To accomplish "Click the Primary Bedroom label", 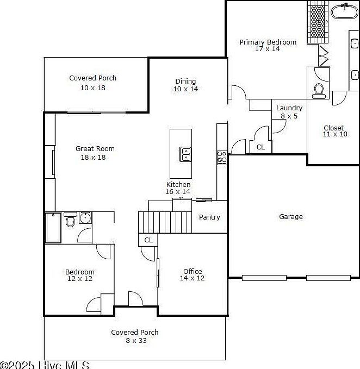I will (268, 42).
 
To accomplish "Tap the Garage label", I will (291, 217).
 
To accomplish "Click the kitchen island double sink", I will (186, 154).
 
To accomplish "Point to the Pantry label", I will (209, 217).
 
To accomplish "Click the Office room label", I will (193, 272).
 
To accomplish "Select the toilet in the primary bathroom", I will (319, 91).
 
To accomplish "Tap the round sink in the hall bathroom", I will (85, 218).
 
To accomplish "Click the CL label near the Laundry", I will (260, 147).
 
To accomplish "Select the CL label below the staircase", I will (148, 240).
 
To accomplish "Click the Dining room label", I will (185, 82).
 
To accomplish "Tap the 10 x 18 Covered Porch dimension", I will (93, 87).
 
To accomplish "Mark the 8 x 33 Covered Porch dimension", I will (135, 341).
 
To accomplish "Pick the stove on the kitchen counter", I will (222, 158).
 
